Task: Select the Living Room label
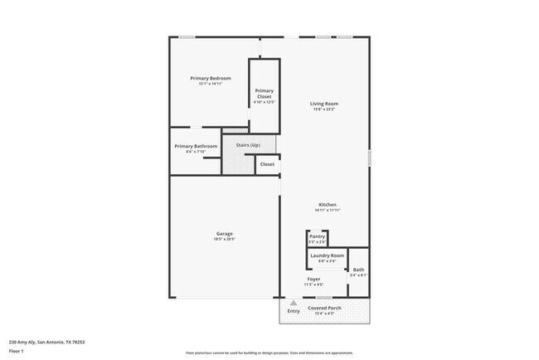click(324, 104)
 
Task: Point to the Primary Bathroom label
click(196, 146)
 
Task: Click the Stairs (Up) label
click(248, 145)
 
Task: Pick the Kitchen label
click(328, 205)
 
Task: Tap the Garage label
click(225, 234)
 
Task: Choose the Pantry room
click(317, 238)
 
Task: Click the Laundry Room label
click(327, 255)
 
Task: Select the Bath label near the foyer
click(358, 270)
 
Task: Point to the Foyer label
click(313, 280)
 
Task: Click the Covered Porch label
click(325, 308)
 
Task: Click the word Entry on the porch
click(294, 311)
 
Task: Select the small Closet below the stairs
click(267, 164)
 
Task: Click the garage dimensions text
click(225, 239)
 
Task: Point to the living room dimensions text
click(324, 109)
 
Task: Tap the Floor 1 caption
click(17, 351)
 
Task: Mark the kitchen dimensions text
click(328, 210)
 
